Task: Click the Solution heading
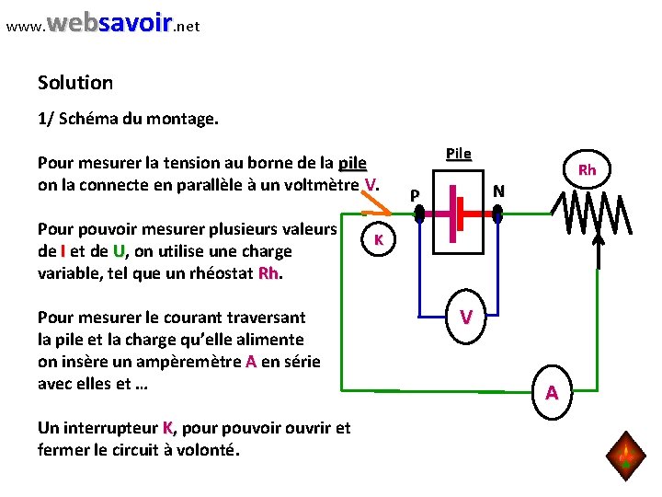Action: [75, 83]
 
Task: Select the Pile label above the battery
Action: [458, 152]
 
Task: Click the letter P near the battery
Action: [416, 195]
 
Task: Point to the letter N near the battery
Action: [498, 191]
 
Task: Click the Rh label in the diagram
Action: [587, 169]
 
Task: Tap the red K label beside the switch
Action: [377, 239]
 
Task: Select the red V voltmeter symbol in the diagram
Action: [467, 317]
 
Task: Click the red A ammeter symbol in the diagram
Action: [552, 393]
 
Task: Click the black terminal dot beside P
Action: [418, 213]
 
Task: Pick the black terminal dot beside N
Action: [497, 213]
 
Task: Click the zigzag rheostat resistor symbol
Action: [591, 217]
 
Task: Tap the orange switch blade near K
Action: [371, 204]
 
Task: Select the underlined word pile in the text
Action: [352, 164]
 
